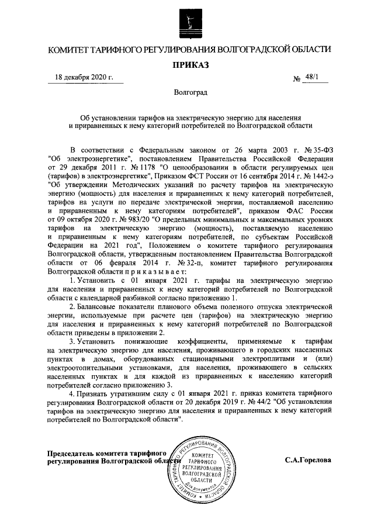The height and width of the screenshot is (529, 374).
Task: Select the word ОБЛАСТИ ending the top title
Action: [308, 50]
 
